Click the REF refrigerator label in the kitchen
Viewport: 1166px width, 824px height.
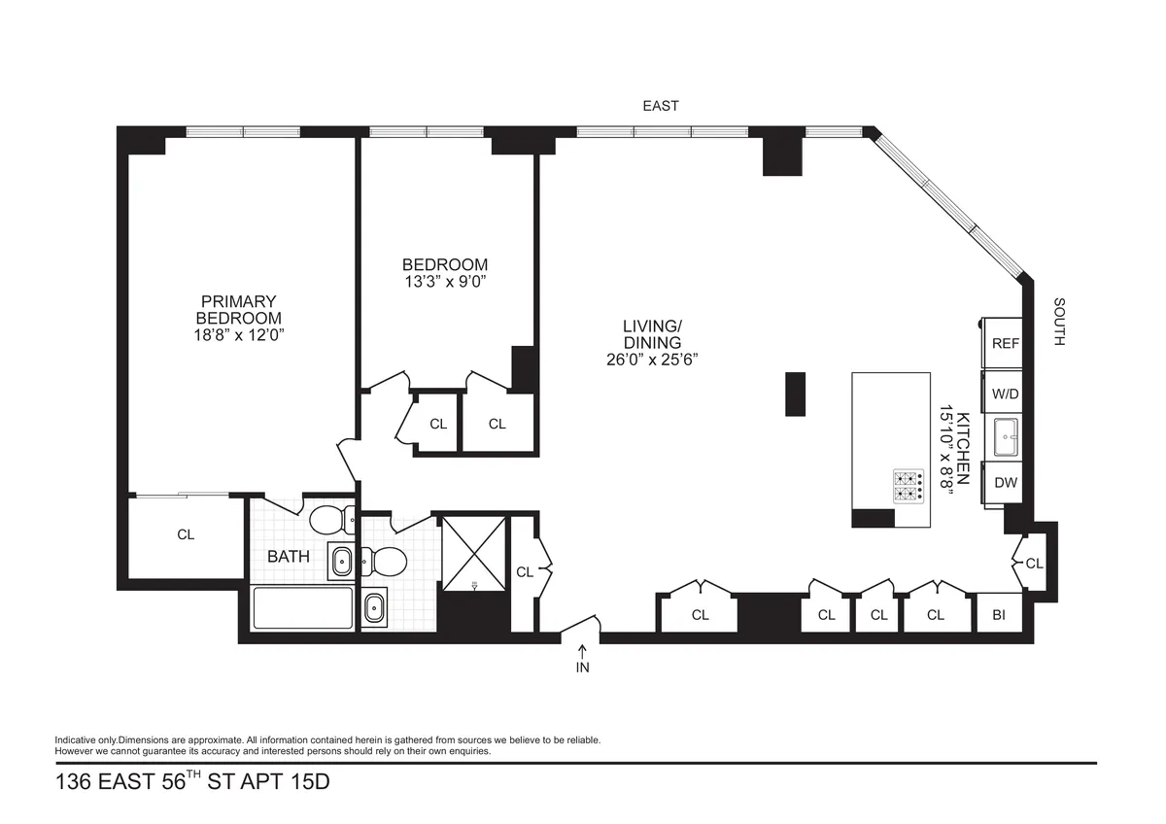click(x=1005, y=343)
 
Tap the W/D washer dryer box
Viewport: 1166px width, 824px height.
click(x=1005, y=395)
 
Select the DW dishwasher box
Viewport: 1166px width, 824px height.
click(x=1005, y=482)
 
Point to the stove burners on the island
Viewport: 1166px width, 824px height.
click(x=909, y=486)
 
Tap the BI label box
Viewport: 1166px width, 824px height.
click(x=999, y=614)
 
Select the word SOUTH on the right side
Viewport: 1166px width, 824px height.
click(x=1059, y=322)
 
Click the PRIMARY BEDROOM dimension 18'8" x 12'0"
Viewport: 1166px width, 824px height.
click(x=239, y=334)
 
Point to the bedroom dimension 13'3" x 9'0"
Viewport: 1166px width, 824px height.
click(x=444, y=283)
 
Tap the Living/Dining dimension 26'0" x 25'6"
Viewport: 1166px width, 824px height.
click(x=652, y=359)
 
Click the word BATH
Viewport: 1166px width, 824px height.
click(x=289, y=557)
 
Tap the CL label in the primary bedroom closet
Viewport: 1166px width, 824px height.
click(x=186, y=534)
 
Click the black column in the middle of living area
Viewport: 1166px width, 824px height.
click(x=795, y=395)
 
